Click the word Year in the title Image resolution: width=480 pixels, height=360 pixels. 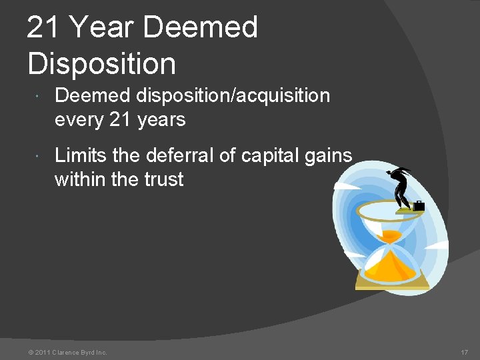(x=101, y=28)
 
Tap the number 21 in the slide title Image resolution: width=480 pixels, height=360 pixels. (x=44, y=28)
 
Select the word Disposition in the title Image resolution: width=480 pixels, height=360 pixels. (x=102, y=63)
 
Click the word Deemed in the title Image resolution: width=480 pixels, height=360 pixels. (x=200, y=28)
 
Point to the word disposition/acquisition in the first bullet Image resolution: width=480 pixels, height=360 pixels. (x=233, y=96)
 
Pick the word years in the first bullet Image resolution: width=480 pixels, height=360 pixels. (x=160, y=120)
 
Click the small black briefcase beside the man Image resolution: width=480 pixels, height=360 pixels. (x=419, y=206)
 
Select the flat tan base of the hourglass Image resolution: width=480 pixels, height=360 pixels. (x=392, y=285)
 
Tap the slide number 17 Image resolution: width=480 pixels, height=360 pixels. (x=465, y=352)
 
